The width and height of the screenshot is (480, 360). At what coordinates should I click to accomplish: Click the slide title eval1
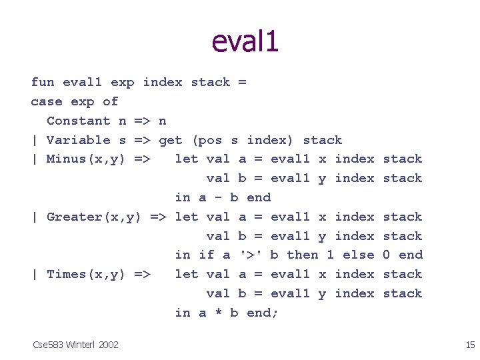point(245,41)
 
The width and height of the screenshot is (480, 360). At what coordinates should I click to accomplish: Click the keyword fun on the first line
point(43,82)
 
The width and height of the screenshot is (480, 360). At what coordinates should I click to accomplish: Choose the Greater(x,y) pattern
point(91,217)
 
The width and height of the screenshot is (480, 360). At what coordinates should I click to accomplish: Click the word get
point(171,140)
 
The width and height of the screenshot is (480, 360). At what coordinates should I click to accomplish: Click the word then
point(303,255)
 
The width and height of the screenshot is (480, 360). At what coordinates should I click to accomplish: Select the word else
point(359,255)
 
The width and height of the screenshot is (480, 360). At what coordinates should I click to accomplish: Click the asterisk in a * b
point(219,313)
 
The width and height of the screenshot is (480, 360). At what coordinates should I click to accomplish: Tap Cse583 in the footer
point(48,344)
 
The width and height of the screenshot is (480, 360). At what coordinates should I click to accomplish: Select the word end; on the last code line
point(263,313)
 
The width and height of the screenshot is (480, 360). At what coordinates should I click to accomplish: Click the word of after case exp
point(111,101)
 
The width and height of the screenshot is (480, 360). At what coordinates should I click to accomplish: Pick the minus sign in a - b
point(219,197)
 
